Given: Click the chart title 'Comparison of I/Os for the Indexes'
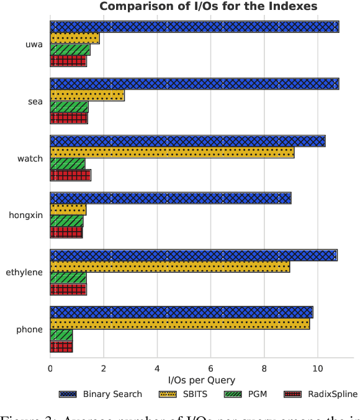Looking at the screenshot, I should pos(208,7).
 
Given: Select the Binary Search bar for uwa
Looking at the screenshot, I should pos(194,27).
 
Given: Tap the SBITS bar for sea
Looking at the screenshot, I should pos(87,95).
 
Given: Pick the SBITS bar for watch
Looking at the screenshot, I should pos(172,152).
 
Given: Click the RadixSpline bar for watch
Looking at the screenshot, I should pos(70,175).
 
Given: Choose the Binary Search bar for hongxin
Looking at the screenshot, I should pos(170,198).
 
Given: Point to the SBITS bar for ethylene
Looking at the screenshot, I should pos(169,267).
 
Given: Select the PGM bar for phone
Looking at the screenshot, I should pos(61,335).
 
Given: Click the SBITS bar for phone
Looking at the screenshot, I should pos(179,324).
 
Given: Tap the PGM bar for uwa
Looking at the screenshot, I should pos(70,50).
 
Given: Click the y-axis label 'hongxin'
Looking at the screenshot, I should pos(25,216).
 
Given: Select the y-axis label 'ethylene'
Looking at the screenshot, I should pos(24,272).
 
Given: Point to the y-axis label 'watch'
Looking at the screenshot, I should pos(30,158).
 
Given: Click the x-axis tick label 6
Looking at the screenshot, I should pos(210,368).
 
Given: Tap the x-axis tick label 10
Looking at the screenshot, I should pos(318,368).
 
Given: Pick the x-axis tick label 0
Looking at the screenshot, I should pos(50,368).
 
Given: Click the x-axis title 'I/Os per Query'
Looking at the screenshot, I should pos(202,380).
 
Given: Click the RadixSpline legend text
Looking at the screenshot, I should pos(333,394).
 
